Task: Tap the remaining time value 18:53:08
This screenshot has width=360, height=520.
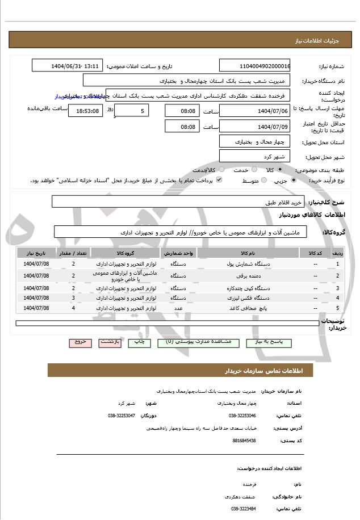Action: [x=85, y=110]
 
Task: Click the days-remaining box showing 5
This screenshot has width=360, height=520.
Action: [x=132, y=110]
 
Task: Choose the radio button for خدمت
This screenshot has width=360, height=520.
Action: [x=253, y=170]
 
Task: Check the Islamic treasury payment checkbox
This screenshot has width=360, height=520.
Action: [x=219, y=180]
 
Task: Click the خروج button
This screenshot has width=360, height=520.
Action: [x=79, y=343]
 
